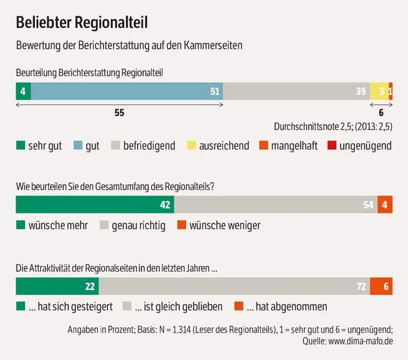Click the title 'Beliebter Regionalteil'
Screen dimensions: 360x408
(82, 22)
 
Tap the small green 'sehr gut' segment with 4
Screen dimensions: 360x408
(23, 92)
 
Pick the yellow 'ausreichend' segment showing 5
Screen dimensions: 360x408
(378, 92)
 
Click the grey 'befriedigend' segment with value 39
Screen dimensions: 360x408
(296, 92)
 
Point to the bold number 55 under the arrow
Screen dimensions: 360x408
(119, 113)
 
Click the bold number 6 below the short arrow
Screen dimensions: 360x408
(381, 113)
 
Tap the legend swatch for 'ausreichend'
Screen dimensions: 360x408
(191, 146)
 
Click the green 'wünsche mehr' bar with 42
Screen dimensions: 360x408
(95, 205)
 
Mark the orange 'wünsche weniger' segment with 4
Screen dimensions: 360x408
(385, 205)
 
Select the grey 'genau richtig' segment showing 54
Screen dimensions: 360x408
(276, 205)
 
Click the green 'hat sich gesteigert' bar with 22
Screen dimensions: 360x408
(57, 286)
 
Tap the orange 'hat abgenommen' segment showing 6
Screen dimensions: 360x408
(381, 286)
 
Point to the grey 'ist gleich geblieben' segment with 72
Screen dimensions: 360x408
(234, 286)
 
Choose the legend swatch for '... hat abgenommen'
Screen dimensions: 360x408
(238, 306)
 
